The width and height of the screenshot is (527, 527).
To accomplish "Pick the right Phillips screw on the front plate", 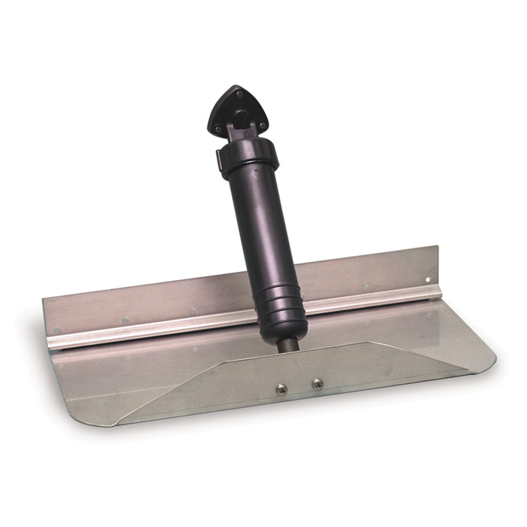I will click(x=318, y=384).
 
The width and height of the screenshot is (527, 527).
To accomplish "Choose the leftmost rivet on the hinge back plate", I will click(x=57, y=331).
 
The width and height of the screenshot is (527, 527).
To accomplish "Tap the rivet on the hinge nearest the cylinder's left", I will click(x=193, y=310).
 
